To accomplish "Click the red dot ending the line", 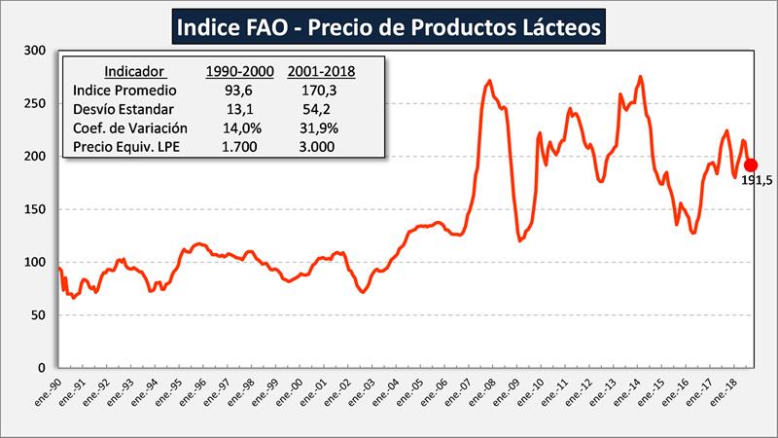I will click(751, 164).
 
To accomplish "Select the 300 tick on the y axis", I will click(37, 51).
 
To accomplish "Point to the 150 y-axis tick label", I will click(37, 210).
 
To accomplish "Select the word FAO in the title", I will click(260, 26).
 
